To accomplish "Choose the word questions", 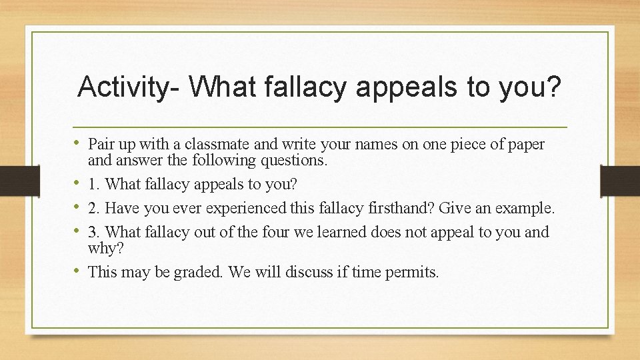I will [295, 160].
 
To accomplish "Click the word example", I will [524, 208].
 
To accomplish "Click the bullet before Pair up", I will [81, 143].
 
